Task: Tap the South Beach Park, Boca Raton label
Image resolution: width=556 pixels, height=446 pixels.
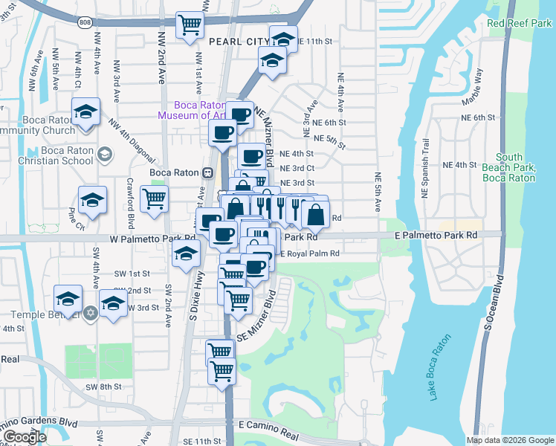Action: pos(509,167)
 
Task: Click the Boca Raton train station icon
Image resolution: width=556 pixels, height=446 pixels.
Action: pos(208,172)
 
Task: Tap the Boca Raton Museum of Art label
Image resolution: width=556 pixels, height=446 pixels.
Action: pos(191,110)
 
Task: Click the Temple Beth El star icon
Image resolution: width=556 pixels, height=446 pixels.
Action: pos(91,311)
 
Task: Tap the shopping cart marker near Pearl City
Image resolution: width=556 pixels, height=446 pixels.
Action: pos(190,25)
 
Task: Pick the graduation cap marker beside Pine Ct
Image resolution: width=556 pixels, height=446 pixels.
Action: pos(93,201)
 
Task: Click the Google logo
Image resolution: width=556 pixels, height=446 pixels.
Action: pos(25,438)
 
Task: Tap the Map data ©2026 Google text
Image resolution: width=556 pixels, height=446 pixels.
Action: pos(509,440)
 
